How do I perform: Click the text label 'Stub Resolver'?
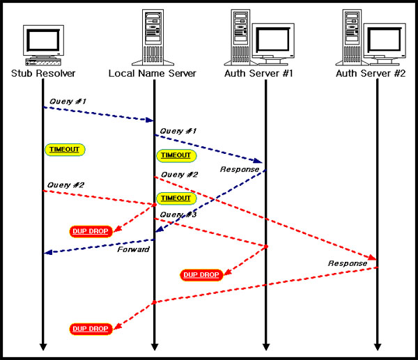[43, 73]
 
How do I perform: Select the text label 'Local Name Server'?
[153, 73]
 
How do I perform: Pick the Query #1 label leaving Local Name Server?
[178, 130]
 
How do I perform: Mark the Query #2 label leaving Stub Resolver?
[65, 185]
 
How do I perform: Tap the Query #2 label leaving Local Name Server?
[179, 174]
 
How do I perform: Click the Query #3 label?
[178, 214]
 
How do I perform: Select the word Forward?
[133, 249]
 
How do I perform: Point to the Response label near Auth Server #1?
[240, 169]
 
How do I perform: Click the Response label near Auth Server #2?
[348, 263]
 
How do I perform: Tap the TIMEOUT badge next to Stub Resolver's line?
[65, 149]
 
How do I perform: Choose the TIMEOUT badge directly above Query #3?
[175, 198]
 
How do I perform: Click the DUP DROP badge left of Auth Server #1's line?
[201, 275]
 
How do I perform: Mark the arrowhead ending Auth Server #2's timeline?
[378, 346]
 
